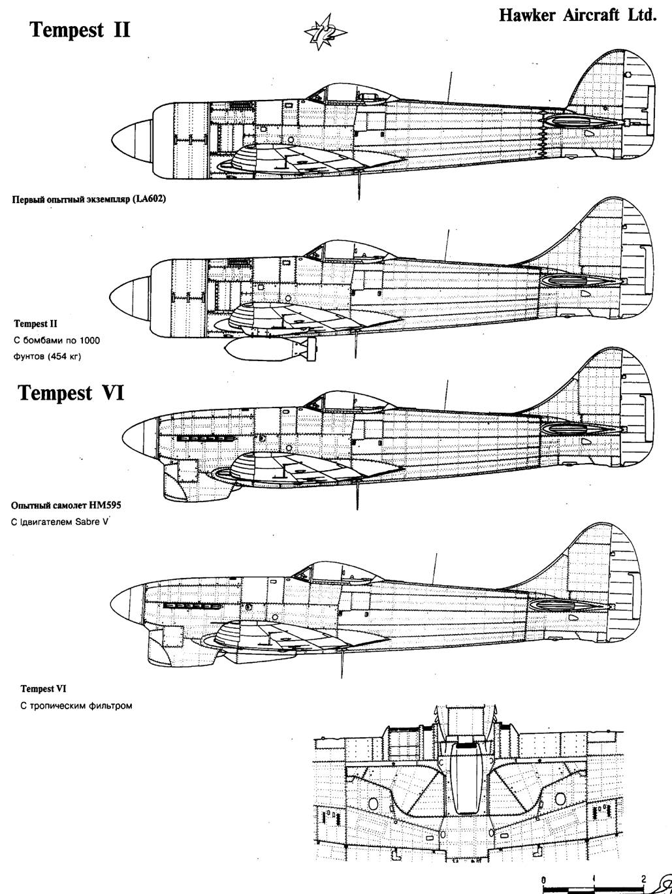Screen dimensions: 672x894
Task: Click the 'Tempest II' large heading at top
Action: pyautogui.click(x=80, y=30)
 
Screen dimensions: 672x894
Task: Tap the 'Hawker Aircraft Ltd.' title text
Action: pyautogui.click(x=578, y=15)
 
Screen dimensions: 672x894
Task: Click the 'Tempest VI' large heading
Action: pyautogui.click(x=71, y=393)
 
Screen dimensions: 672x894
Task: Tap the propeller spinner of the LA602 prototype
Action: pyautogui.click(x=133, y=140)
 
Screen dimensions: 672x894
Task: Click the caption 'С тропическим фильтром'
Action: pyautogui.click(x=76, y=705)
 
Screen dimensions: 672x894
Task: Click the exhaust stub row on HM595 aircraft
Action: pyautogui.click(x=206, y=439)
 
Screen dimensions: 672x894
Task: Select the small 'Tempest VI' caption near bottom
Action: pyautogui.click(x=43, y=689)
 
